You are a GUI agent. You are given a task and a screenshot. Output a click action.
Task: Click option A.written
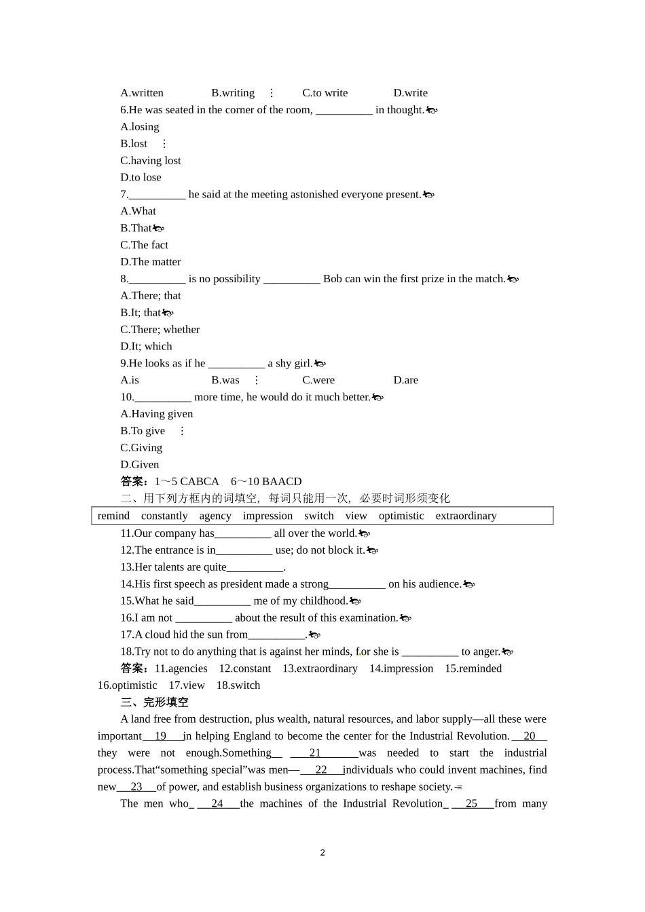coord(142,93)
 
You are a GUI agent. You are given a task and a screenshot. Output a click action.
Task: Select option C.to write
coord(325,93)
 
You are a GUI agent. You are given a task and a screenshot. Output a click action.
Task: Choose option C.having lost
coord(151,161)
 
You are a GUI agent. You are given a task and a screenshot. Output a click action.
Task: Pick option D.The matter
coord(151,262)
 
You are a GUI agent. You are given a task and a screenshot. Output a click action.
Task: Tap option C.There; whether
coord(160,330)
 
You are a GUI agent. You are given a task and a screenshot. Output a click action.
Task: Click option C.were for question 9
coord(318,380)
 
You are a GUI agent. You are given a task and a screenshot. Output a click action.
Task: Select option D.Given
coord(140,465)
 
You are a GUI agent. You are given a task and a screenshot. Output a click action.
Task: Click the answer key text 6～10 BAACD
coord(266,482)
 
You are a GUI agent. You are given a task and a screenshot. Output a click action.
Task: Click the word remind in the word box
coord(113,516)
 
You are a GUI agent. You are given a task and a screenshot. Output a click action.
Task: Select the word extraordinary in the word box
coord(466,516)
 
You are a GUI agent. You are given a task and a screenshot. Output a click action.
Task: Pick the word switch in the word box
coord(319,516)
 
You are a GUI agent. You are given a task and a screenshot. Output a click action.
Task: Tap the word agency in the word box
coord(215,516)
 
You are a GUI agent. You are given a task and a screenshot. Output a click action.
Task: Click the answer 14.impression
coord(401,668)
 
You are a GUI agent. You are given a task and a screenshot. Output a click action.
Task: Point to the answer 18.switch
coord(238,685)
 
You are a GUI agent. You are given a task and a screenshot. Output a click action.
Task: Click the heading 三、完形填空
coord(155,702)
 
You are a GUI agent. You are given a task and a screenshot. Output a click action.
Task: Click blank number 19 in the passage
coord(161,736)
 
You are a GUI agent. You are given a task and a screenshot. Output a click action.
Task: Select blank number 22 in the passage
coord(321,770)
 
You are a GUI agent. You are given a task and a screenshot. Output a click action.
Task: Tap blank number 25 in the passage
coord(472,803)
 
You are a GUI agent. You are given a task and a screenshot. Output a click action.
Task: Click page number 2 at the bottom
coord(322,853)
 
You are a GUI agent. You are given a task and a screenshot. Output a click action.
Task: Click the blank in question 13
coord(255,567)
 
